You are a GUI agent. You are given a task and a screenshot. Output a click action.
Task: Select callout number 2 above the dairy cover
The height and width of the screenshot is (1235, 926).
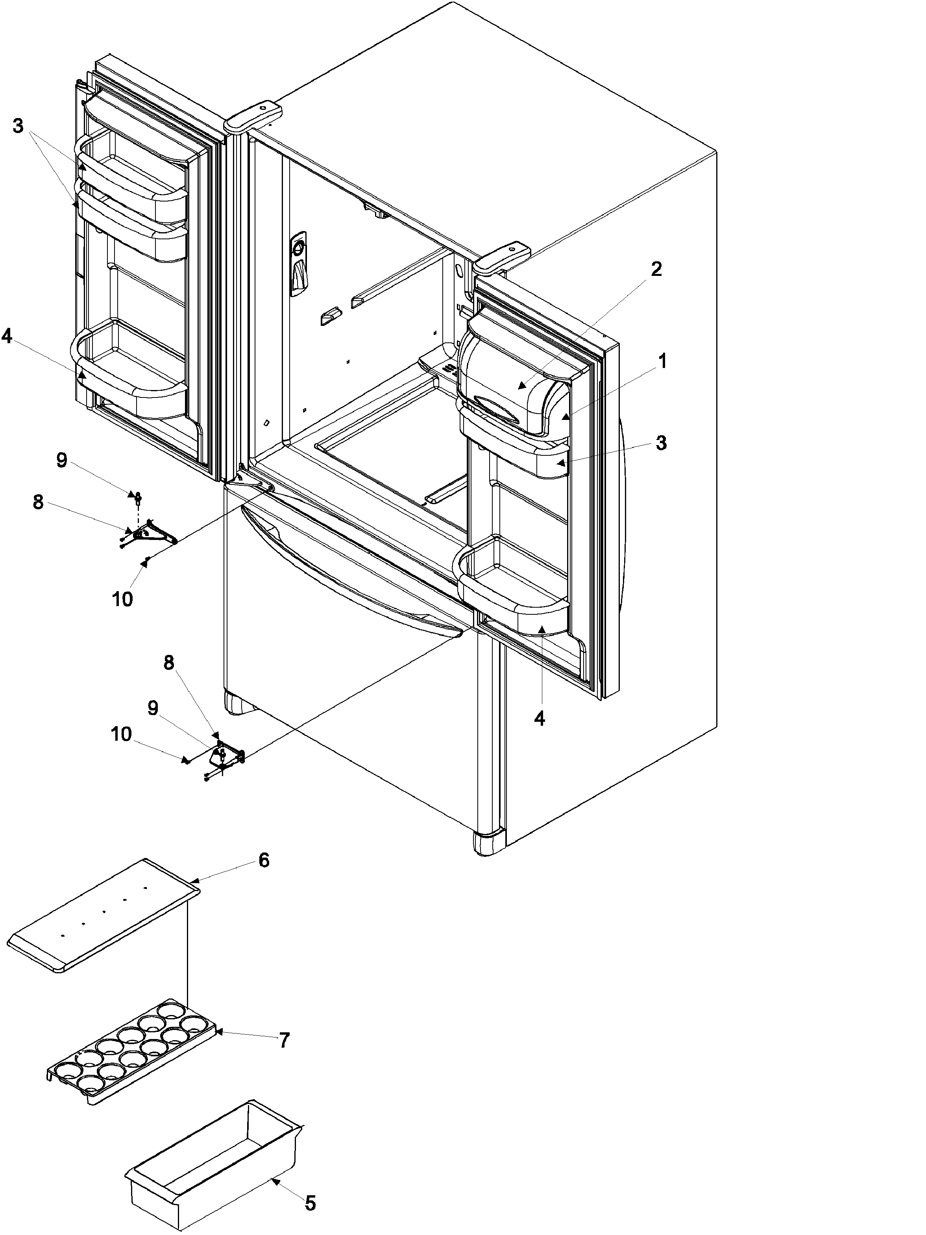656,269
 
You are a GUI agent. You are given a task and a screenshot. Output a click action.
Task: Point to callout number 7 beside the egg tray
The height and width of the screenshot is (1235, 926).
284,1040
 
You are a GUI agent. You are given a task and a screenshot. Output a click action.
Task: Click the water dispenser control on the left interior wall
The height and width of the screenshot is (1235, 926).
299,263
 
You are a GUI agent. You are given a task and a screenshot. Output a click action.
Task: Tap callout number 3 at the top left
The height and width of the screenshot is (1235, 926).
18,126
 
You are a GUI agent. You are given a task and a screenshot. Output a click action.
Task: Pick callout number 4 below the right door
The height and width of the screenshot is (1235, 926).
539,719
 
